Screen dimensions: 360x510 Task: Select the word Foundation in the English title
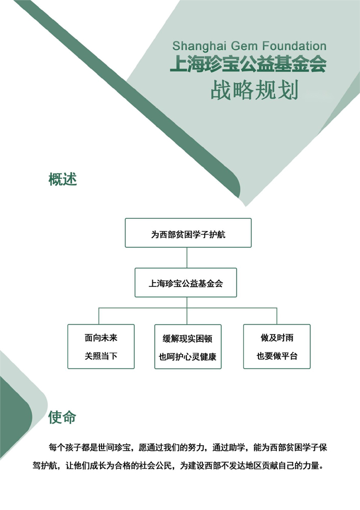pyautogui.click(x=295, y=46)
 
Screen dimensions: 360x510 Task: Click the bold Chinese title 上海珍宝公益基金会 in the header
pyautogui.click(x=248, y=64)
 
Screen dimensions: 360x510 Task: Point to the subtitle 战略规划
pyautogui.click(x=254, y=90)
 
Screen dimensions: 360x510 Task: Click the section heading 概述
pyautogui.click(x=63, y=179)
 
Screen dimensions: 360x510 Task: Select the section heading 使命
pyautogui.click(x=62, y=417)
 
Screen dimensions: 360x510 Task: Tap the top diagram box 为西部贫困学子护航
pyautogui.click(x=188, y=233)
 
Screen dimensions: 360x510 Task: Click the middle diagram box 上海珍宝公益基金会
pyautogui.click(x=186, y=283)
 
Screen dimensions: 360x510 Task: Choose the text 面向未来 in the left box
pyautogui.click(x=101, y=338)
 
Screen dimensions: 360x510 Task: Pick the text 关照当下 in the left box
pyautogui.click(x=101, y=356)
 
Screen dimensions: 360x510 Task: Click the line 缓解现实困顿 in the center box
pyautogui.click(x=187, y=339)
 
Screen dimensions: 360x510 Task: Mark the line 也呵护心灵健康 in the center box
pyautogui.click(x=187, y=357)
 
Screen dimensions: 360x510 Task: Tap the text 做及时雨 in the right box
pyautogui.click(x=277, y=338)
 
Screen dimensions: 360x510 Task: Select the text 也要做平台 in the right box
pyautogui.click(x=277, y=356)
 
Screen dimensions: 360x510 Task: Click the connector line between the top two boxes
pyautogui.click(x=187, y=258)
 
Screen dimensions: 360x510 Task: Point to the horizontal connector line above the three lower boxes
pyautogui.click(x=188, y=308)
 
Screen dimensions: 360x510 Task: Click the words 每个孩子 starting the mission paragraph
pyautogui.click(x=65, y=448)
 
